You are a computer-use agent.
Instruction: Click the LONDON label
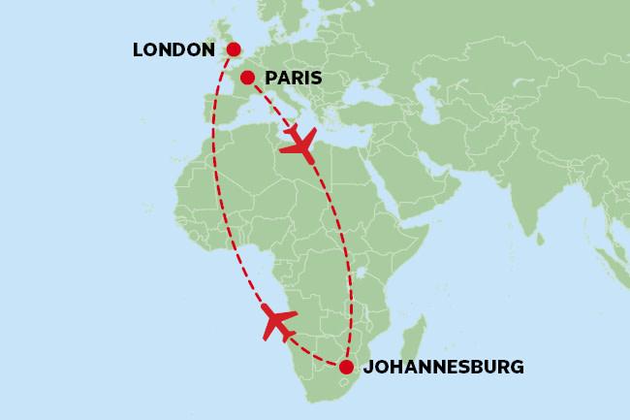[x=173, y=49]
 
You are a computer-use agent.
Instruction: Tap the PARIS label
[x=294, y=78]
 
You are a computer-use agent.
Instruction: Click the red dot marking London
[x=233, y=48]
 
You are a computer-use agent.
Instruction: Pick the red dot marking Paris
[x=247, y=78]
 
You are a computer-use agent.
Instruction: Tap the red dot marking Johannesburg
[x=346, y=367]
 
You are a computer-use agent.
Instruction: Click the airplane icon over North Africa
[x=299, y=145]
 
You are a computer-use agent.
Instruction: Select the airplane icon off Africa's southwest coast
[x=278, y=322]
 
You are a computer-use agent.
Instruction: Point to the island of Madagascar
[x=414, y=344]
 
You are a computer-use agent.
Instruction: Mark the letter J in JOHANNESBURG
[x=365, y=367]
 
